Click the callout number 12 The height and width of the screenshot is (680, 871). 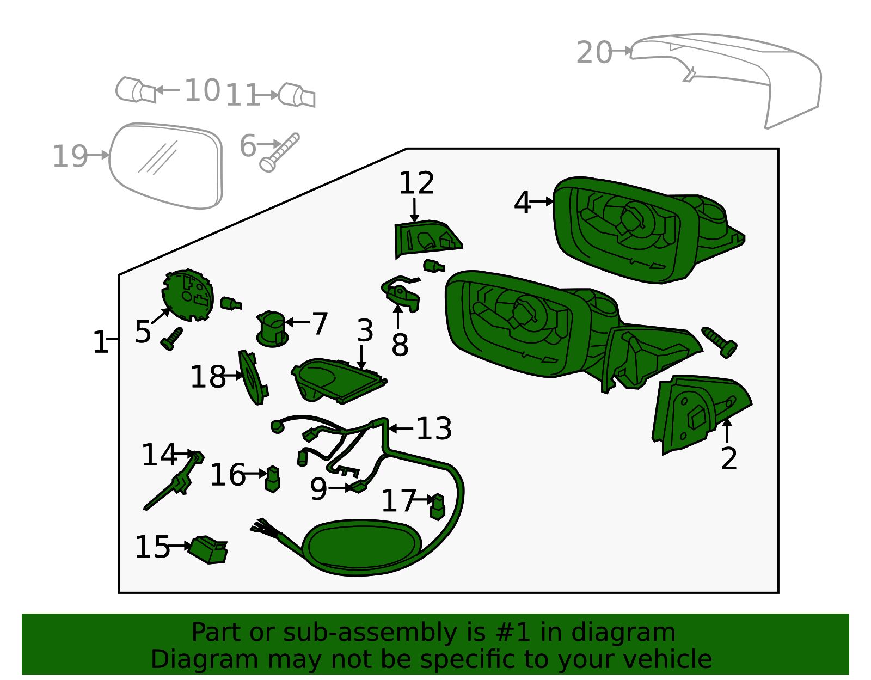click(x=416, y=183)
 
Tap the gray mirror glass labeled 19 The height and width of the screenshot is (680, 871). click(x=166, y=165)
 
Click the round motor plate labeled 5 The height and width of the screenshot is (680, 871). click(x=187, y=295)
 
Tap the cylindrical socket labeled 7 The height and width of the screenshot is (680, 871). click(x=272, y=329)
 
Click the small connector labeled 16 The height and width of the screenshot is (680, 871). click(x=273, y=479)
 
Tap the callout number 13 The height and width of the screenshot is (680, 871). click(x=434, y=429)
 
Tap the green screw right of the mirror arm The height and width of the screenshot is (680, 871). click(x=720, y=341)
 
